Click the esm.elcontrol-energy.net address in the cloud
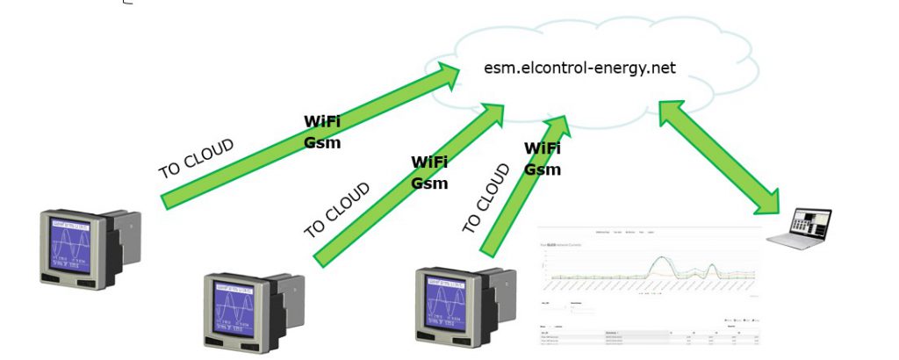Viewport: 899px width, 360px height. pos(579,68)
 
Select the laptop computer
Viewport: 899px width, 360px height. pos(799,227)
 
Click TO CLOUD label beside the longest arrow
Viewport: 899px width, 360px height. pos(196,158)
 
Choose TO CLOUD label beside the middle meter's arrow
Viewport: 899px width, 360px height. pos(337,210)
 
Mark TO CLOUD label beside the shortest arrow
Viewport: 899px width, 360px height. pos(485,198)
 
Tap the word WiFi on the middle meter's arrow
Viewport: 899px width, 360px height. pos(429,162)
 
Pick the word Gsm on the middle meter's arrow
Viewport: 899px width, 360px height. pos(429,183)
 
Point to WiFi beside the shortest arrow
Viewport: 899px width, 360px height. pos(542,148)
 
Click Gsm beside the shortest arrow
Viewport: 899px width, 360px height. pos(542,169)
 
